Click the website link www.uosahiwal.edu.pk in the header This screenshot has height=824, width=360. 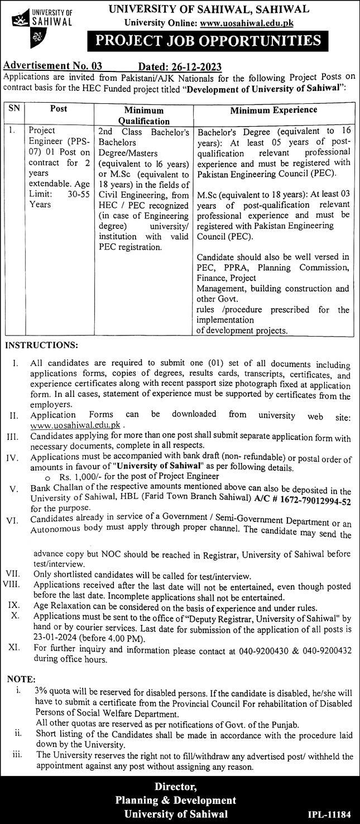tap(246, 23)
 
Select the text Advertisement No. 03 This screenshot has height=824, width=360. tap(53, 66)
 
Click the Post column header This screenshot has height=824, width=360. tap(59, 109)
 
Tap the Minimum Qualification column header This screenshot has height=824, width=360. tap(143, 116)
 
